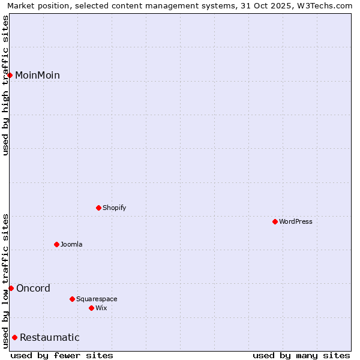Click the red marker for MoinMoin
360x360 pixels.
tap(10, 75)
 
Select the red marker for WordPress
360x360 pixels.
tap(275, 222)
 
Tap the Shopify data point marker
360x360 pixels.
tap(98, 208)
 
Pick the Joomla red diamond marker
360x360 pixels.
tap(56, 245)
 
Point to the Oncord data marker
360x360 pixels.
tap(11, 289)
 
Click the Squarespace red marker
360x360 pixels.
tap(72, 299)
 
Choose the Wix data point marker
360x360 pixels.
tap(91, 308)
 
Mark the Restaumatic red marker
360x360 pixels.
tap(14, 338)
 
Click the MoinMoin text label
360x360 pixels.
tap(37, 76)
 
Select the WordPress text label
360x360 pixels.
tap(296, 222)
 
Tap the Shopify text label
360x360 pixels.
tap(114, 208)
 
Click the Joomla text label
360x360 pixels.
tap(71, 245)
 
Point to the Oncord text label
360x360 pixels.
tap(33, 289)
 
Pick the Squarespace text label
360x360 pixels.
tap(97, 299)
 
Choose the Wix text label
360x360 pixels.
tap(101, 308)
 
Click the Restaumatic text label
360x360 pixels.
tap(49, 338)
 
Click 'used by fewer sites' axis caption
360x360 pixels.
tap(62, 355)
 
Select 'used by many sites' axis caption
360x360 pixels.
tap(301, 355)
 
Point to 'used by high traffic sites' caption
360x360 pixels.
tap(5, 85)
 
